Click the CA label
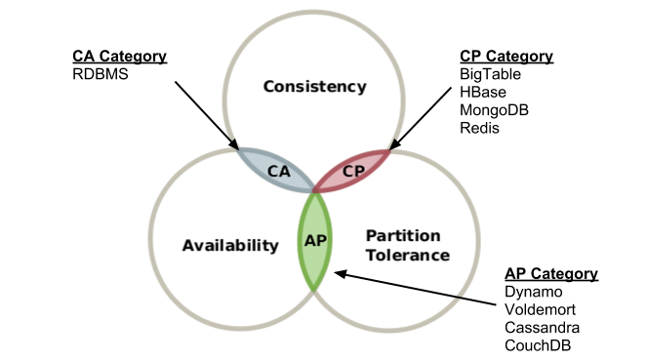(x=279, y=171)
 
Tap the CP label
(x=353, y=171)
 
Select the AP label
(x=315, y=240)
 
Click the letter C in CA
(x=273, y=171)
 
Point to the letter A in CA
(x=285, y=171)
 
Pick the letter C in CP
(x=347, y=171)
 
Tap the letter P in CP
(x=359, y=171)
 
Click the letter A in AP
(x=309, y=240)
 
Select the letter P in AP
(x=321, y=240)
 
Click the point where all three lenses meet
(x=314, y=191)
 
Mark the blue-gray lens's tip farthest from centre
(x=236, y=148)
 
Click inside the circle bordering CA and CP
(x=314, y=88)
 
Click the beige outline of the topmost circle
(x=314, y=13)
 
